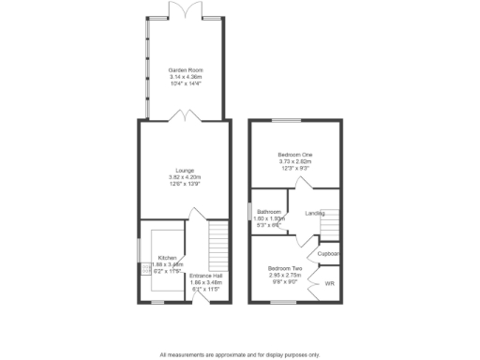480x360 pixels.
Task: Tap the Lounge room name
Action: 185,171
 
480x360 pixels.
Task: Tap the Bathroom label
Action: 270,213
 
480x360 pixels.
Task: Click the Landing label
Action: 315,214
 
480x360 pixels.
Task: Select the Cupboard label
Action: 328,254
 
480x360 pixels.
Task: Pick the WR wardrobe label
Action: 329,283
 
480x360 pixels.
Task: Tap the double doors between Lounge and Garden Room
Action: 184,118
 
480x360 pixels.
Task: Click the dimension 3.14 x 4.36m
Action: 185,77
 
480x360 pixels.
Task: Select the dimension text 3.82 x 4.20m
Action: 185,177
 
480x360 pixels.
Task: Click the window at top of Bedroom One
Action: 287,121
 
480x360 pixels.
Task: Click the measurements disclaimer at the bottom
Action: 239,354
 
